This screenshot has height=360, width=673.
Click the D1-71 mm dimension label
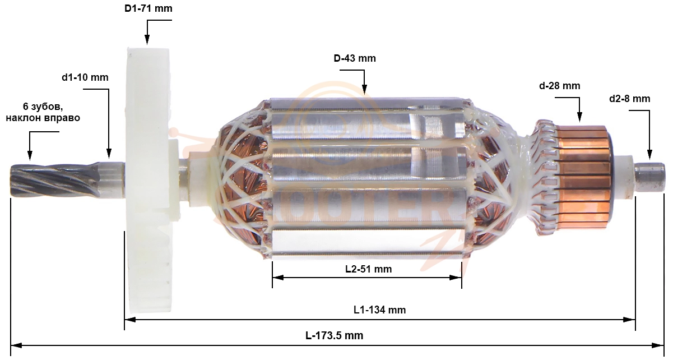click(148, 8)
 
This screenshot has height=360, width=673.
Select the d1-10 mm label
click(85, 77)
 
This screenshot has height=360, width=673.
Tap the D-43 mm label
click(355, 58)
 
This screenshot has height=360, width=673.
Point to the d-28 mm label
click(559, 86)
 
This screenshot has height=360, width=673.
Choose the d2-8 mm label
click(630, 99)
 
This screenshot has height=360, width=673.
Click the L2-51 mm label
click(368, 269)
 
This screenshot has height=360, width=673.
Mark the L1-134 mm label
click(379, 310)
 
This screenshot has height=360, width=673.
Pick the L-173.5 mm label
click(335, 335)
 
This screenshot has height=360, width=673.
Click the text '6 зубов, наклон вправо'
click(43, 112)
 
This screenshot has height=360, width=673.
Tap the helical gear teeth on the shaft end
click(54, 180)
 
